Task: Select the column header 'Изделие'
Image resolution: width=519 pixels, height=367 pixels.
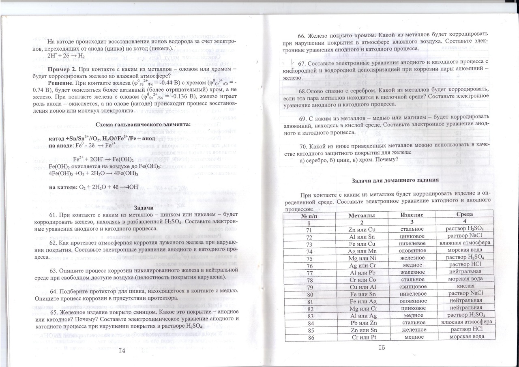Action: (412, 215)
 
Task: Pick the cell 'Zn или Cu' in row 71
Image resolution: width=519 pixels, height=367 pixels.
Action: (362, 230)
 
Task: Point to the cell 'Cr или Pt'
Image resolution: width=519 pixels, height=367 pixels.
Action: (362, 337)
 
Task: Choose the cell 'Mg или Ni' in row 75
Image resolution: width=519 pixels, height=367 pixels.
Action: (362, 258)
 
